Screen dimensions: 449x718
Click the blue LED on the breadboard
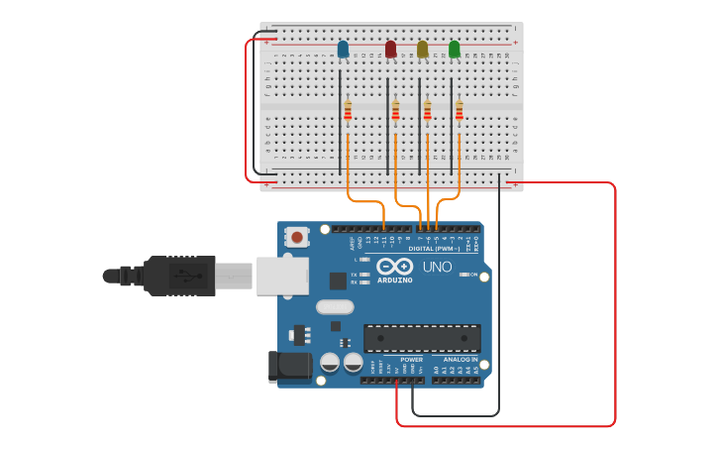343,50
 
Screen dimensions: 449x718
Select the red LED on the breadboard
390,50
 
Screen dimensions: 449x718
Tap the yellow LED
423,50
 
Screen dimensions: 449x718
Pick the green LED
455,50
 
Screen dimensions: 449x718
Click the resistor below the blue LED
348,110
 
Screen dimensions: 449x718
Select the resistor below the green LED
459,110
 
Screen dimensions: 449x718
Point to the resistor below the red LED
395,110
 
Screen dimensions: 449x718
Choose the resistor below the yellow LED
427,110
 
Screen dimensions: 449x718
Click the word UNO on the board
437,267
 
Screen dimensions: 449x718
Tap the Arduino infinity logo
394,266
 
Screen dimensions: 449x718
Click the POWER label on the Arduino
411,360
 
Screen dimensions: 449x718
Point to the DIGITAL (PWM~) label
434,249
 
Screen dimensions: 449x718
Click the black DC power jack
290,367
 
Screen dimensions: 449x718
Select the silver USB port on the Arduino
282,276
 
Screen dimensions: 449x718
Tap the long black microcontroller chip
422,338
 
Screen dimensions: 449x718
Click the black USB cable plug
179,275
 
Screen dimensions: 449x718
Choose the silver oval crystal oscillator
335,307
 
